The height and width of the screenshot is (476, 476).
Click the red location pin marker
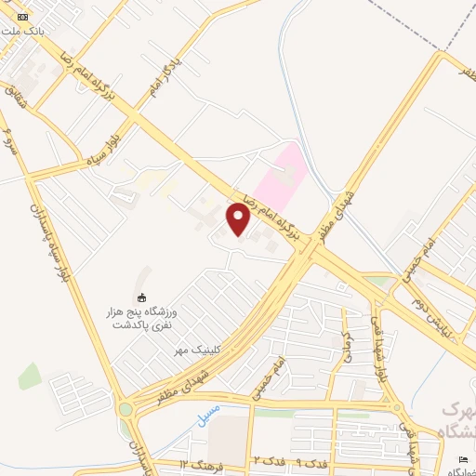tap(238, 220)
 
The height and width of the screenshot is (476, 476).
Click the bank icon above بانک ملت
tap(23, 18)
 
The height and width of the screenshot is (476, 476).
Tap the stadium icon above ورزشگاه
tap(141, 297)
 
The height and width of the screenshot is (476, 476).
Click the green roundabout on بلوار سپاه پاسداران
tap(125, 408)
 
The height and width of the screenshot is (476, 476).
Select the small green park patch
tap(30, 376)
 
